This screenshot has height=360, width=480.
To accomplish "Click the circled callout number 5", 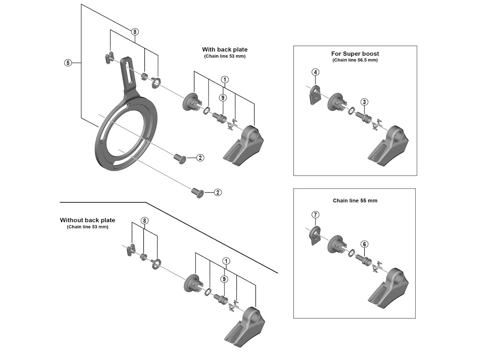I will click(67, 62).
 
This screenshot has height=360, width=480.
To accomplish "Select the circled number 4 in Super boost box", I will click(315, 72).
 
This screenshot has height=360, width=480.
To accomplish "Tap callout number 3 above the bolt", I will click(364, 102).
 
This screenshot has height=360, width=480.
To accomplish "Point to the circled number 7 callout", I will click(315, 215).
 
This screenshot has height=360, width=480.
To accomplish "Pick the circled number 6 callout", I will click(364, 244).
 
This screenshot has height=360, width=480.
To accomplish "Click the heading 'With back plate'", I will click(225, 49).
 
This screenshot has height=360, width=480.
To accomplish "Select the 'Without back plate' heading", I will click(87, 220).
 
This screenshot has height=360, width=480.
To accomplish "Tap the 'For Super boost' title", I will click(355, 53).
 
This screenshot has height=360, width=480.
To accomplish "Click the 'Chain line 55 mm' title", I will click(355, 200).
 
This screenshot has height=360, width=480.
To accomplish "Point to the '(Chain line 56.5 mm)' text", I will click(355, 60).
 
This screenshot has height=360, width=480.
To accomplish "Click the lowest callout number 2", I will click(217, 192).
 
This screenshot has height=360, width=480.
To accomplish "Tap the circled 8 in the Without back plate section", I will click(145, 220).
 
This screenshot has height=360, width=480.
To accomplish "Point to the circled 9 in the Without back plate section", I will click(225, 279).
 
